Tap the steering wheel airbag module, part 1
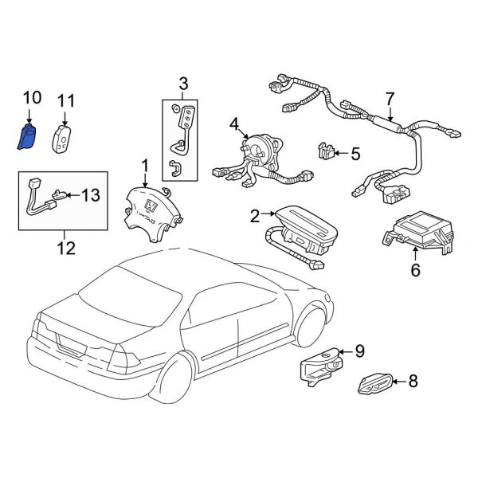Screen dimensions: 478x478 pyautogui.click(x=149, y=206)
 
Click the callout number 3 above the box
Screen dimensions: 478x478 pyautogui.click(x=183, y=83)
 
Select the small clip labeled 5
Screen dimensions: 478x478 pyautogui.click(x=325, y=149)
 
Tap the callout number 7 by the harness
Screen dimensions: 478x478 pyautogui.click(x=390, y=100)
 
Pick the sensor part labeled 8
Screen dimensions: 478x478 pyautogui.click(x=374, y=383)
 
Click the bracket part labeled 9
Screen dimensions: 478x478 pyautogui.click(x=319, y=369)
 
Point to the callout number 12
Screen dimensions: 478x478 pyautogui.click(x=65, y=248)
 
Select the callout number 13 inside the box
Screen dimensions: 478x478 pyautogui.click(x=92, y=195)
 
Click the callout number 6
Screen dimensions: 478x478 pyautogui.click(x=415, y=270)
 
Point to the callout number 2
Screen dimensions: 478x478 pyautogui.click(x=254, y=215)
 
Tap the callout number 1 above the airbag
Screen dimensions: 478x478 pyautogui.click(x=145, y=165)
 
